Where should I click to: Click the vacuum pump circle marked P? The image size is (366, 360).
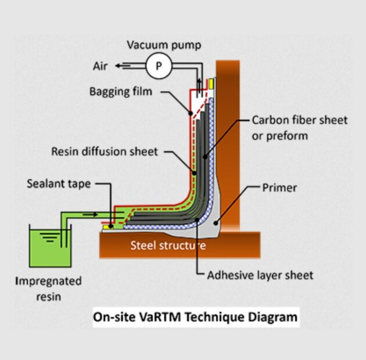pyautogui.click(x=159, y=66)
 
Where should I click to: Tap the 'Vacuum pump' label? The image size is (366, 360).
pyautogui.click(x=164, y=45)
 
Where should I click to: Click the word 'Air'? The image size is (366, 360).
pyautogui.click(x=100, y=66)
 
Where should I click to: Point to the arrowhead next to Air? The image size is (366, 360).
pyautogui.click(x=118, y=66)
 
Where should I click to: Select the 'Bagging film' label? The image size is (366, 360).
pyautogui.click(x=121, y=91)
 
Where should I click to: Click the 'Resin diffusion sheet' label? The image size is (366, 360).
pyautogui.click(x=105, y=152)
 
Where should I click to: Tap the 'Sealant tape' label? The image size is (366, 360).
pyautogui.click(x=59, y=184)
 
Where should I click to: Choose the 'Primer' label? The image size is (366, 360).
pyautogui.click(x=279, y=188)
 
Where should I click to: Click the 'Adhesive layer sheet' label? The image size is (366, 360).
pyautogui.click(x=260, y=275)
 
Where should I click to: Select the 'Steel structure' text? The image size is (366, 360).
pyautogui.click(x=168, y=246)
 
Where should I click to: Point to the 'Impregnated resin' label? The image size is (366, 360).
pyautogui.click(x=49, y=289)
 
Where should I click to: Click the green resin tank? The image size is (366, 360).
pyautogui.click(x=50, y=249)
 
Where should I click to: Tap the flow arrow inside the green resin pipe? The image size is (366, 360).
pyautogui.click(x=90, y=214)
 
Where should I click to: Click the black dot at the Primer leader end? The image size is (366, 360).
pyautogui.click(x=216, y=224)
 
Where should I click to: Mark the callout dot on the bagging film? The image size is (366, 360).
pyautogui.click(x=191, y=113)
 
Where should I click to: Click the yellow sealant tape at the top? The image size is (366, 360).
pyautogui.click(x=211, y=84)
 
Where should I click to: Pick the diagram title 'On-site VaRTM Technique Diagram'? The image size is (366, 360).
pyautogui.click(x=195, y=317)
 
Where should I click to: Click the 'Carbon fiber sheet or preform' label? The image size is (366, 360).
pyautogui.click(x=299, y=128)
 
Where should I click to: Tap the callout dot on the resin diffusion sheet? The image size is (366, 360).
pyautogui.click(x=194, y=173)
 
